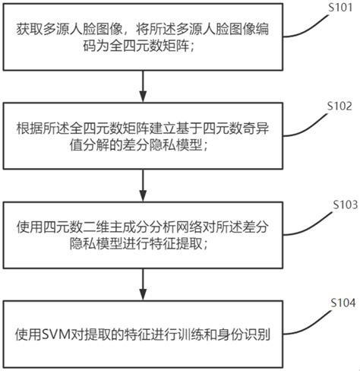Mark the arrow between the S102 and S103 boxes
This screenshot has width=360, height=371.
point(143,185)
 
